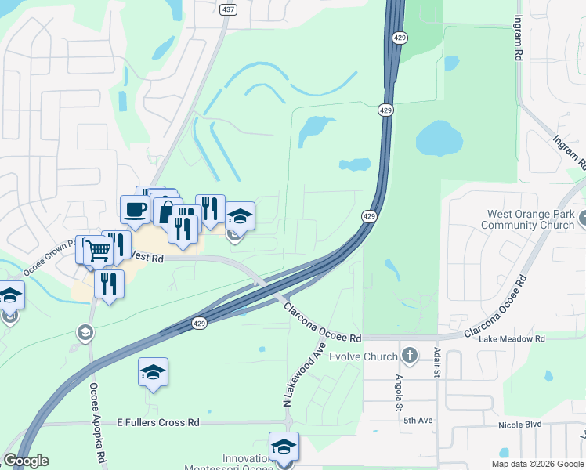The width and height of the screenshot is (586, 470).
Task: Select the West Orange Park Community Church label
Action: (x=530, y=219)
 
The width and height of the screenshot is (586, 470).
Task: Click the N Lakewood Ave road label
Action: (x=304, y=374)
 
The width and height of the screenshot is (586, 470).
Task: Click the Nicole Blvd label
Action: (x=519, y=425)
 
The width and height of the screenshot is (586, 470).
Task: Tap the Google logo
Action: (x=26, y=461)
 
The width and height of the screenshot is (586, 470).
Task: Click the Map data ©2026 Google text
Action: (x=537, y=464)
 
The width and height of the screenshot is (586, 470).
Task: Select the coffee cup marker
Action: (x=135, y=208)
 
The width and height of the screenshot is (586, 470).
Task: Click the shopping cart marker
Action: (x=99, y=251)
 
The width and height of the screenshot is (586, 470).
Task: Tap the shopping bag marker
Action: (x=167, y=211)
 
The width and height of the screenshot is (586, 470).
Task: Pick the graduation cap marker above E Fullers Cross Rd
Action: (x=154, y=372)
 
